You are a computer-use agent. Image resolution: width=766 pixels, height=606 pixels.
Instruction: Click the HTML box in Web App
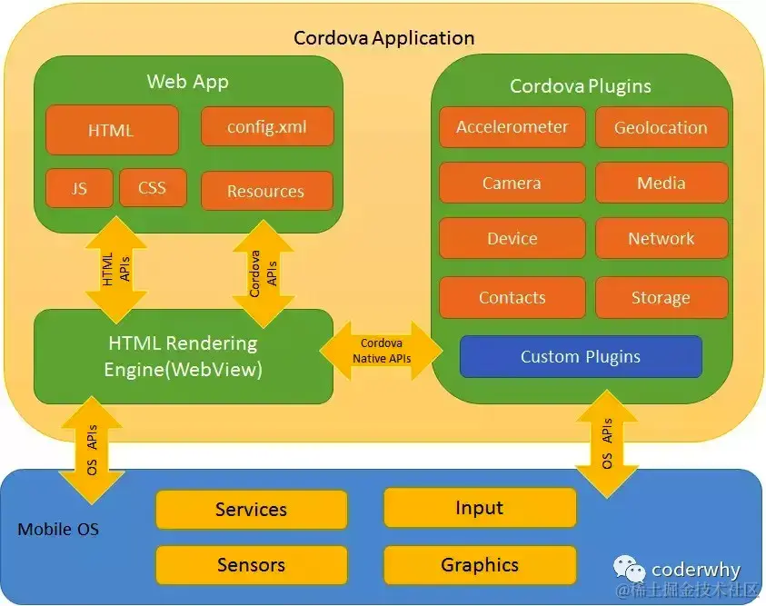[x=111, y=130]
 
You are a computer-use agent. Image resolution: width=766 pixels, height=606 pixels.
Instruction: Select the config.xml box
[x=267, y=127]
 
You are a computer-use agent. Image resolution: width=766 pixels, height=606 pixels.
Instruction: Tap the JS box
[x=79, y=188]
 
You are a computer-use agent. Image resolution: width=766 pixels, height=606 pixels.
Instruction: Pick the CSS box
[x=153, y=188]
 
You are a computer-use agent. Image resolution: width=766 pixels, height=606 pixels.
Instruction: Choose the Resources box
[x=266, y=191]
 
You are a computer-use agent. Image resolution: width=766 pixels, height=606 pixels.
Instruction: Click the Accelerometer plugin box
[x=512, y=127]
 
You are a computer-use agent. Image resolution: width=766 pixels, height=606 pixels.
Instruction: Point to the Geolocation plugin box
[x=661, y=127]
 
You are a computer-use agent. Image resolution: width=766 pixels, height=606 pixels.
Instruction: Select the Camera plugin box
[x=512, y=183]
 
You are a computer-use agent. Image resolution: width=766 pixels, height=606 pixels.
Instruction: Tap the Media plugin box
[x=661, y=183]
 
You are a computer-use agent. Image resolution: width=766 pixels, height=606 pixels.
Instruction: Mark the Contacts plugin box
[x=512, y=297]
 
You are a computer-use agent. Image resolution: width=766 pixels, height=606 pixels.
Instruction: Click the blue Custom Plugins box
[x=581, y=356]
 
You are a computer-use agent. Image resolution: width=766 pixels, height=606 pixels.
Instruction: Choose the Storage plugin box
[x=661, y=297]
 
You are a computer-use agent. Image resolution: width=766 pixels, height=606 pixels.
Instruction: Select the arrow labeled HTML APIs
[x=115, y=270]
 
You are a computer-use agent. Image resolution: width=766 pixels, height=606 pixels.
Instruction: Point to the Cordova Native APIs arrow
[x=382, y=351]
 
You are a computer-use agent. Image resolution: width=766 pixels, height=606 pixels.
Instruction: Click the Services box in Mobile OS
[x=252, y=510]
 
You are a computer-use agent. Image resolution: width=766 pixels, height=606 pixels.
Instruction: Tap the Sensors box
[x=252, y=565]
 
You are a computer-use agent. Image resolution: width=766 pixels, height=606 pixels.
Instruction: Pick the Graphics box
[x=480, y=565]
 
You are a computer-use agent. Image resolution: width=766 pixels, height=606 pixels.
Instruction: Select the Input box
[x=480, y=508]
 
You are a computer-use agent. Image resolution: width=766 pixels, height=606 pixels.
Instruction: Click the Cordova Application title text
[x=383, y=38]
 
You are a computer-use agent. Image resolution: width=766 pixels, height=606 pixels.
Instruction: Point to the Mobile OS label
[x=58, y=529]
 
